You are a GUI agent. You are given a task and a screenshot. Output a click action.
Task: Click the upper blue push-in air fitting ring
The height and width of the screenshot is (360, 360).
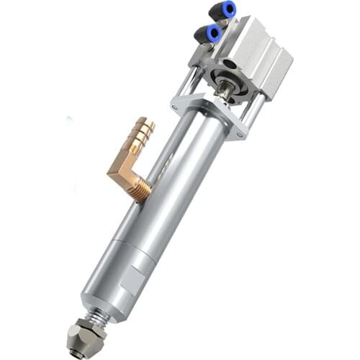tap(228, 9)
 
